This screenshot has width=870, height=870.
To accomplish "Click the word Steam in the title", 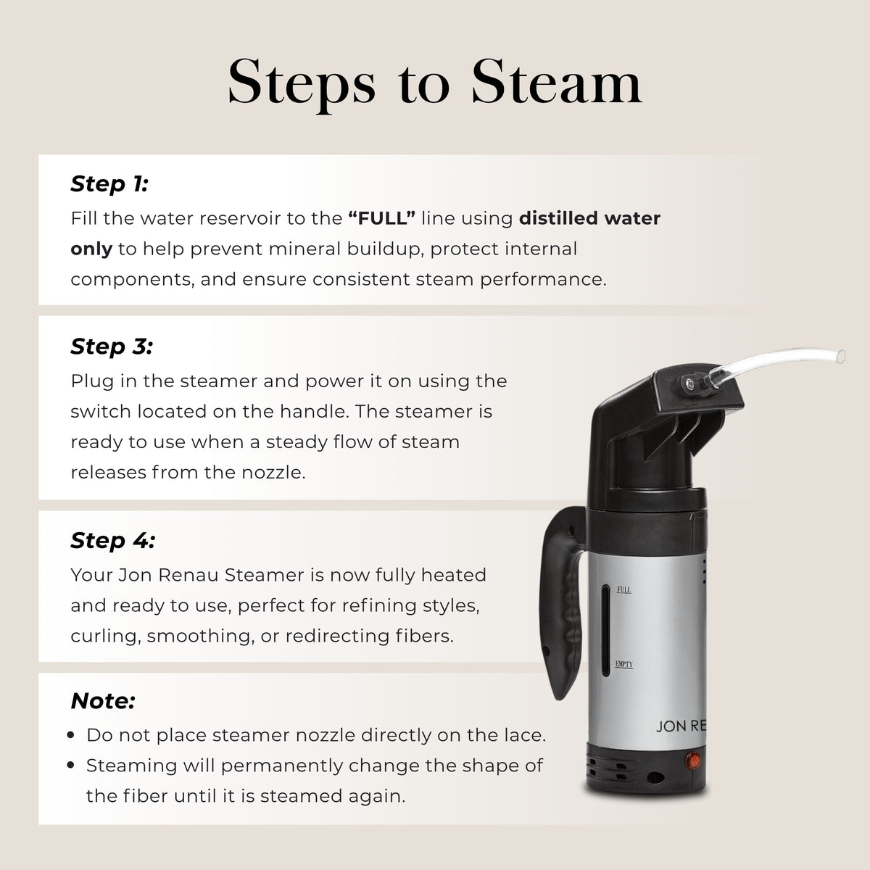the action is [x=556, y=82].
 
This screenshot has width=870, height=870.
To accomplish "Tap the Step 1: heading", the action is [x=109, y=184].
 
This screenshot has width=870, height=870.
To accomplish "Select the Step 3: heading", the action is [x=112, y=347].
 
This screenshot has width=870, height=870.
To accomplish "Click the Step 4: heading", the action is [x=113, y=541].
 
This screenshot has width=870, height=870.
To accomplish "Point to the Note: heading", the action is [x=103, y=701].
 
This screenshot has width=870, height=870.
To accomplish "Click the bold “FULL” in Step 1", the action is [x=381, y=218].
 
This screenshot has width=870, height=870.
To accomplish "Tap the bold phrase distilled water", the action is [x=589, y=218].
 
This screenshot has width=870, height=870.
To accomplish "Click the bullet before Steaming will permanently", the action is [x=70, y=765].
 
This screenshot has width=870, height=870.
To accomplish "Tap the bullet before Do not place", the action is [x=70, y=734].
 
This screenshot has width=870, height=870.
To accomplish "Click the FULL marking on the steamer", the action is [x=624, y=589].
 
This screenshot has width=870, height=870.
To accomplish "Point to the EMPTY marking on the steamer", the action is [x=624, y=664].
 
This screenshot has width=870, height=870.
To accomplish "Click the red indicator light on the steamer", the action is [x=693, y=761].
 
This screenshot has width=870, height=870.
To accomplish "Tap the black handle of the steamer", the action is [x=559, y=600].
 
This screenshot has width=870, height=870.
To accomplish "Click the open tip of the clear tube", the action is [x=841, y=356].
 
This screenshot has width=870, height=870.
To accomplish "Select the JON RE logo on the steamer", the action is [x=681, y=726].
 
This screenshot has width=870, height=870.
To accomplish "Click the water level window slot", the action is [x=605, y=630].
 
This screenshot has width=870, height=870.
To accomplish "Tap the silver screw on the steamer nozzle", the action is [x=690, y=384].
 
